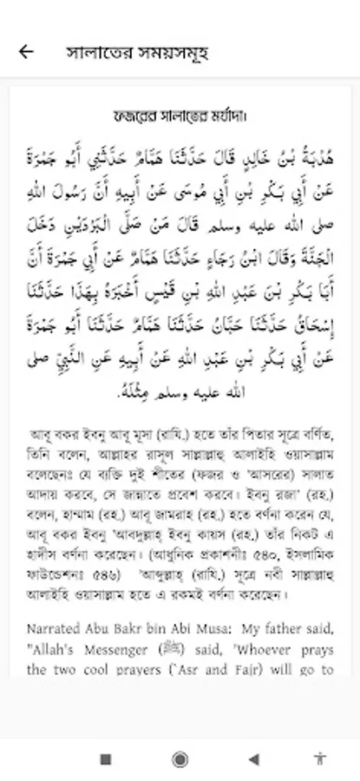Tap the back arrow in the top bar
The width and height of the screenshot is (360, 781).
26,51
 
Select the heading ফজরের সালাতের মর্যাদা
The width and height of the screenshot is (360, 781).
180,115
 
